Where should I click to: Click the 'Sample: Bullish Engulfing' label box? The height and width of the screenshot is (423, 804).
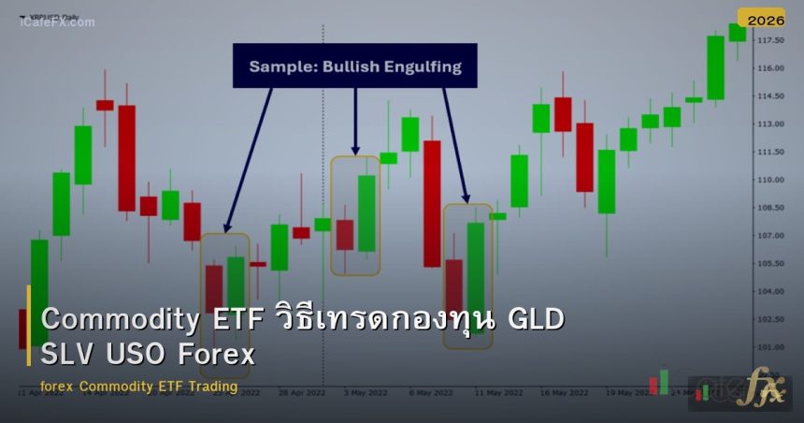tap(355, 66)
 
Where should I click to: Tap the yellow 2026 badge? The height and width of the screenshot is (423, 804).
tap(761, 18)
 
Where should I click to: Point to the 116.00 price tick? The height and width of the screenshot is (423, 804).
tap(771, 68)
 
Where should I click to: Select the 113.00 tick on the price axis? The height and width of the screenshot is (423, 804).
tap(771, 124)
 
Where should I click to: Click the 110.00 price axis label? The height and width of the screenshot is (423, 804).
tap(771, 180)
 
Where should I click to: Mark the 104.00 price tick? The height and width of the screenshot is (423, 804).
tap(771, 291)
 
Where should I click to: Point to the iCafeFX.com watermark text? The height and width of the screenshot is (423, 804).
tap(57, 22)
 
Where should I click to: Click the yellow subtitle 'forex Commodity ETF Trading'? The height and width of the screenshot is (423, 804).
tap(139, 387)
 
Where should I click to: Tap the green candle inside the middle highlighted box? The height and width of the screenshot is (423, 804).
tap(366, 213)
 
